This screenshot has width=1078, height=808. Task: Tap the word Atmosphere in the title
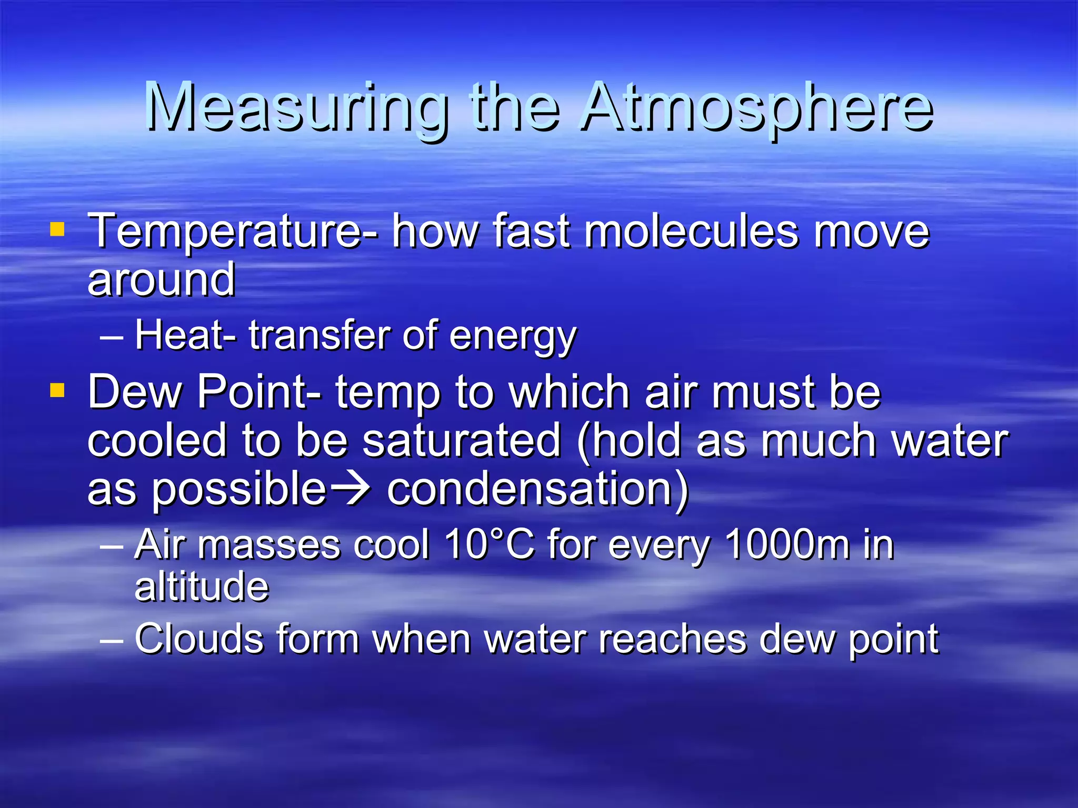click(757, 108)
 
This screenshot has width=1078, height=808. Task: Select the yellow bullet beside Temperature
click(57, 229)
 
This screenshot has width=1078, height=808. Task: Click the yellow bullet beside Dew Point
click(57, 390)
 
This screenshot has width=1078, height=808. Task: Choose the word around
click(161, 280)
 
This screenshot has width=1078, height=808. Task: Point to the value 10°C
click(490, 544)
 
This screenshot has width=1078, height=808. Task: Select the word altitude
click(202, 586)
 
